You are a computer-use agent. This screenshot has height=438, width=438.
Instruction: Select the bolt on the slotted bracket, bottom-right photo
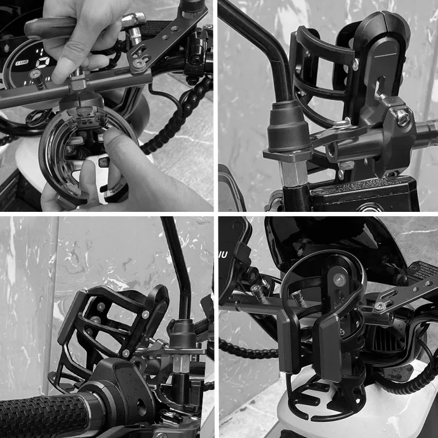[x=379, y=306]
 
